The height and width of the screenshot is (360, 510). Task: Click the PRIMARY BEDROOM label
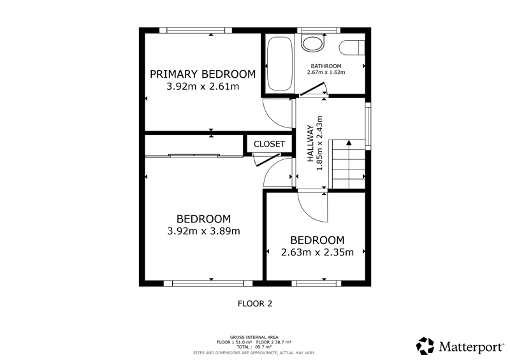tap(203, 74)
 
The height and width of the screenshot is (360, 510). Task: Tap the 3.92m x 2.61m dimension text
tap(203, 87)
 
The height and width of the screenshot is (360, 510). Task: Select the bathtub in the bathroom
tap(279, 64)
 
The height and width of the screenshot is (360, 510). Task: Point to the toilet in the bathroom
tap(352, 48)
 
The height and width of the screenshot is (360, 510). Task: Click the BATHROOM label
tap(326, 66)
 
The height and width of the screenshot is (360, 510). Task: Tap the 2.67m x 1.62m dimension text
tap(326, 72)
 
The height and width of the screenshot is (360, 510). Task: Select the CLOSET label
tap(269, 144)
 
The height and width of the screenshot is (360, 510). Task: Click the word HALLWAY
tap(310, 143)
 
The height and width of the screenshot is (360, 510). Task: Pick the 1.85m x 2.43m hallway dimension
tap(319, 143)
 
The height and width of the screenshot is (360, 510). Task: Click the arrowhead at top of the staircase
tap(349, 143)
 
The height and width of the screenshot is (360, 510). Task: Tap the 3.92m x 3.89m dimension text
tap(203, 231)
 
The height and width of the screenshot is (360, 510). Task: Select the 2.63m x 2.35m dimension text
tap(317, 252)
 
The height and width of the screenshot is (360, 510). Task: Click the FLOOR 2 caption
tap(255, 304)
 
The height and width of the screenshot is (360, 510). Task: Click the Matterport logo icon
tap(425, 346)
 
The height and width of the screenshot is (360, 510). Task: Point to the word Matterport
tap(471, 347)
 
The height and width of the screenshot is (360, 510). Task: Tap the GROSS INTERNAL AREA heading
tap(254, 337)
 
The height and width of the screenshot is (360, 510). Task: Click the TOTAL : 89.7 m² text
tap(254, 347)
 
